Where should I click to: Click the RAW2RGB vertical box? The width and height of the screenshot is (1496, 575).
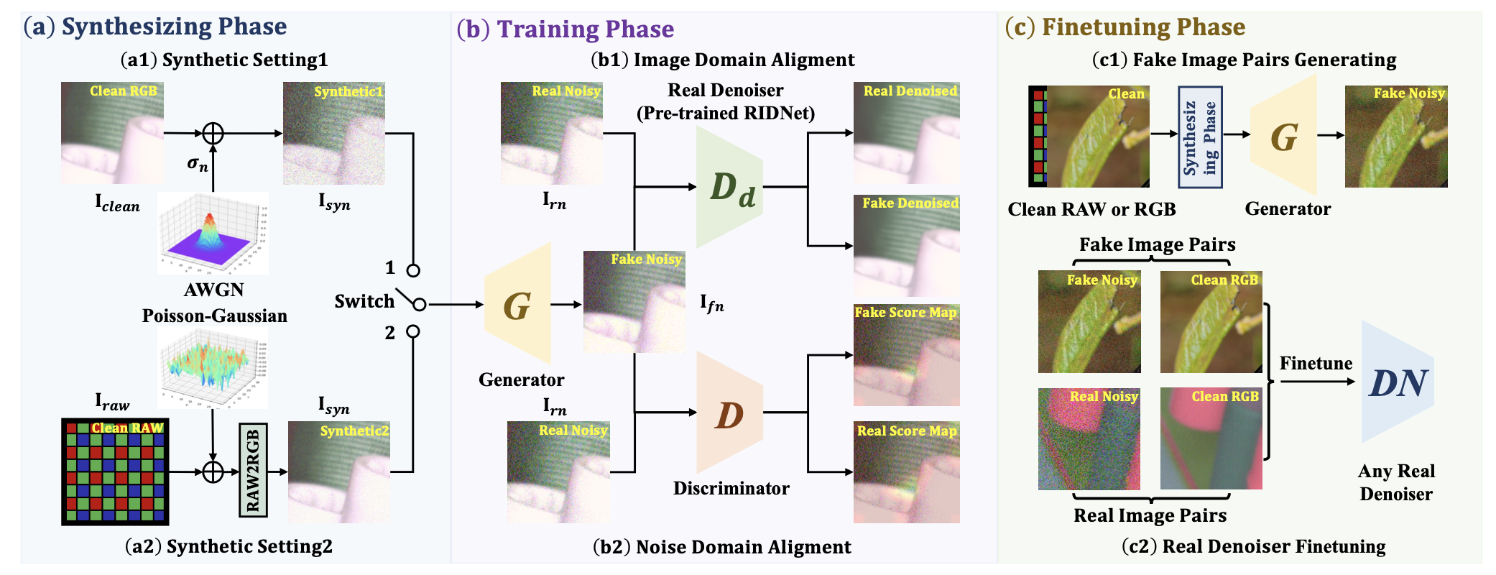(253, 471)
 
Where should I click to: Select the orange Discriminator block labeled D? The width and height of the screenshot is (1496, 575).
(729, 413)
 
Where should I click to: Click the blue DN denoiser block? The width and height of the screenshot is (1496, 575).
(1396, 382)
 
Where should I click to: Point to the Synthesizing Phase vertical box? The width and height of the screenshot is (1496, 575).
(1200, 137)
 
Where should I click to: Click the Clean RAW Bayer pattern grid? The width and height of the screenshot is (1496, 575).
(115, 471)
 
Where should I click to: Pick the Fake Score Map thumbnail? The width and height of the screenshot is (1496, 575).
(906, 355)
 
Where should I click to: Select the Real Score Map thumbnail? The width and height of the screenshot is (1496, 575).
(906, 472)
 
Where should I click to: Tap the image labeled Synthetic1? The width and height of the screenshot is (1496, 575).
(333, 133)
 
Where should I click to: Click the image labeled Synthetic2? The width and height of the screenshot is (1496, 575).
(339, 471)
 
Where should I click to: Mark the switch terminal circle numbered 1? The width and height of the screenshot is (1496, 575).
(413, 271)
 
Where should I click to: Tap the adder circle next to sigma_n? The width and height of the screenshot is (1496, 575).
(213, 133)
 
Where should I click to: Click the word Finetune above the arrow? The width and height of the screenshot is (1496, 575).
(1316, 364)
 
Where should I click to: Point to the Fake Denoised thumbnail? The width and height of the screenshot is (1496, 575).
(906, 245)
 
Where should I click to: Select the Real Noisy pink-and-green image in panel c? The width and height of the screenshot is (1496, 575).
(1089, 438)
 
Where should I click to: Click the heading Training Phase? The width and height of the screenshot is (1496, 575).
(585, 29)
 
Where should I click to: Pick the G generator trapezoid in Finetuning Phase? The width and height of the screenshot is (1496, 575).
(1283, 137)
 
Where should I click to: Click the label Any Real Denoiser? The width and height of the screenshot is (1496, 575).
(1395, 482)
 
